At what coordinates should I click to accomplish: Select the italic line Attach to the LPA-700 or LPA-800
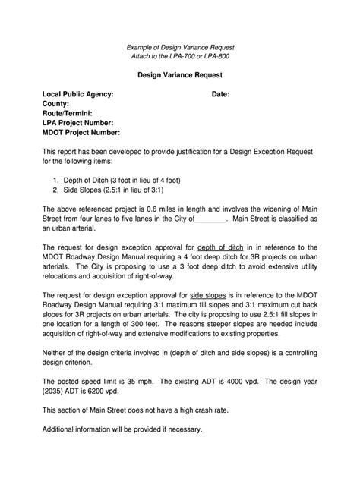pos(179,57)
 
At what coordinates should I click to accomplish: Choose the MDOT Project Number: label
pos(81,132)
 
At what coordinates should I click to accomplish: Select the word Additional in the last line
pos(62,428)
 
